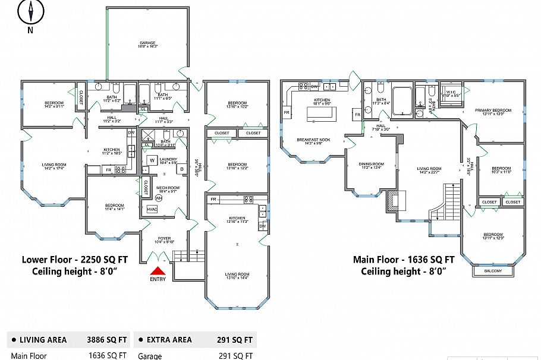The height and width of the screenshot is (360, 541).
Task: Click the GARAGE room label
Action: pyautogui.click(x=148, y=43)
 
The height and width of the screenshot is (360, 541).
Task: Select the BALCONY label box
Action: pyautogui.click(x=493, y=271)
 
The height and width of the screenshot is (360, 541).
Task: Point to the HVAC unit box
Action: pyautogui.click(x=152, y=209)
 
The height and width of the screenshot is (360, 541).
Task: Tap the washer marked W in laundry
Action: pyautogui.click(x=152, y=160)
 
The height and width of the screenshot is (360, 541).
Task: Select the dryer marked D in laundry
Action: pyautogui.click(x=182, y=169)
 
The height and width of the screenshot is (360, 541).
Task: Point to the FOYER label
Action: pyautogui.click(x=164, y=239)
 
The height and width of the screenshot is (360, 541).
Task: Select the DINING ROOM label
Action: pyautogui.click(x=371, y=165)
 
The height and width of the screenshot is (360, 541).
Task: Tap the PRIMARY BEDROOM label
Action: pyautogui.click(x=493, y=110)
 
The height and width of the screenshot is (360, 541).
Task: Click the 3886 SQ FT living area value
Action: pyautogui.click(x=107, y=340)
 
